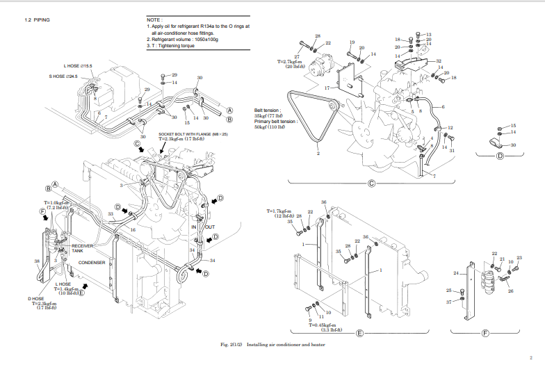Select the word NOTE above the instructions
tap(154, 19)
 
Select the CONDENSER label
tap(91, 263)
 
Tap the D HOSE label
tap(36, 298)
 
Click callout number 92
tap(439, 61)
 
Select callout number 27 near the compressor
tap(297, 56)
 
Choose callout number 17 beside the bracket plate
tap(326, 88)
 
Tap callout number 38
tap(36, 261)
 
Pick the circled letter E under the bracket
tap(359, 334)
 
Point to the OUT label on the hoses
tap(211, 227)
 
